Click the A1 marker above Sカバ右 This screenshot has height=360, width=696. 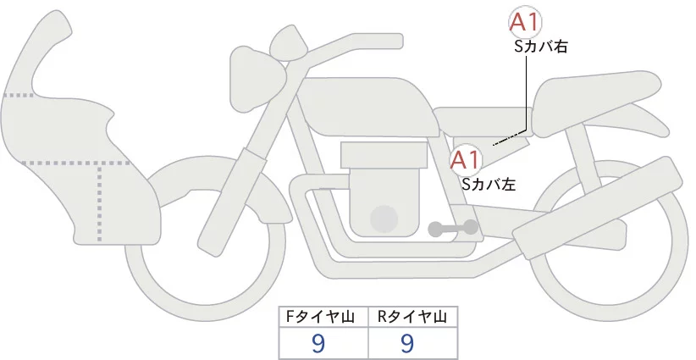(x=526, y=23)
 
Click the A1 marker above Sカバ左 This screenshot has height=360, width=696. (x=465, y=159)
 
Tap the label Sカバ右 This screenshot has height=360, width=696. (x=540, y=47)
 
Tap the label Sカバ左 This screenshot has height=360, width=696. (x=488, y=182)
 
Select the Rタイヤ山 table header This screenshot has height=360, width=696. (x=412, y=317)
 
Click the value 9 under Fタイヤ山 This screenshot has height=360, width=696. (x=318, y=343)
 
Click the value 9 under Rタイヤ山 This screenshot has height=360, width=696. (x=407, y=343)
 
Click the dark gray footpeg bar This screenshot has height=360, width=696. (x=452, y=227)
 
